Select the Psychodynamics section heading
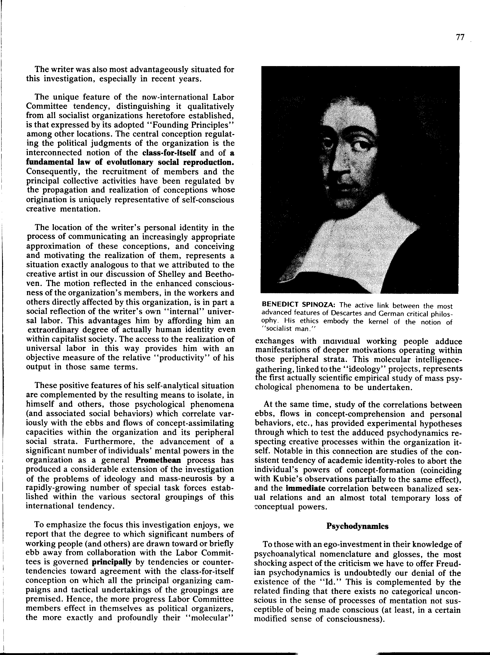[x=357, y=526]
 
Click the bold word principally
[x=112, y=562]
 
